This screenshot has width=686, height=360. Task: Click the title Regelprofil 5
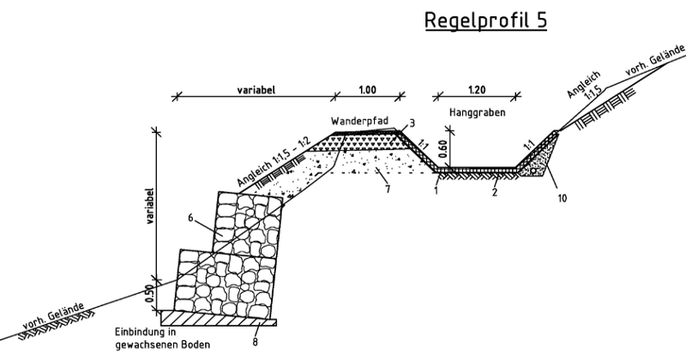485,21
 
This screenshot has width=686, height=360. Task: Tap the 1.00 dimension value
368,90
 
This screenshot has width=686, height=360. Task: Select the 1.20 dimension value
477,90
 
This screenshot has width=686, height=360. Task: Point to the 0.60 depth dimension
442,148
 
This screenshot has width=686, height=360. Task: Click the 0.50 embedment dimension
149,293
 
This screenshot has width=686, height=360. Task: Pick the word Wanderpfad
359,121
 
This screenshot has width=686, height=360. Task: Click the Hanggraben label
478,112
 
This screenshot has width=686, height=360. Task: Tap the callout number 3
412,123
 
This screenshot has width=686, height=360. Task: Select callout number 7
388,189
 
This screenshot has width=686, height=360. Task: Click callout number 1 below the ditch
436,191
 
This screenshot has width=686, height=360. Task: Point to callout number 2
495,192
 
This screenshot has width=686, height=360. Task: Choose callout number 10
563,198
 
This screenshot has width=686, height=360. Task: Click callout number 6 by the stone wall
190,218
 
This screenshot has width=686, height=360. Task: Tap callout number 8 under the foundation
255,342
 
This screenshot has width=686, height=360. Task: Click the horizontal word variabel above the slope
256,90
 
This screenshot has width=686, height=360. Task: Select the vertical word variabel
149,206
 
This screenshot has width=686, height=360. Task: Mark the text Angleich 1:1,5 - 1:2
274,163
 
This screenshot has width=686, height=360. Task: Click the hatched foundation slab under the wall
219,318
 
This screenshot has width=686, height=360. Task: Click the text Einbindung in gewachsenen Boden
162,338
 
